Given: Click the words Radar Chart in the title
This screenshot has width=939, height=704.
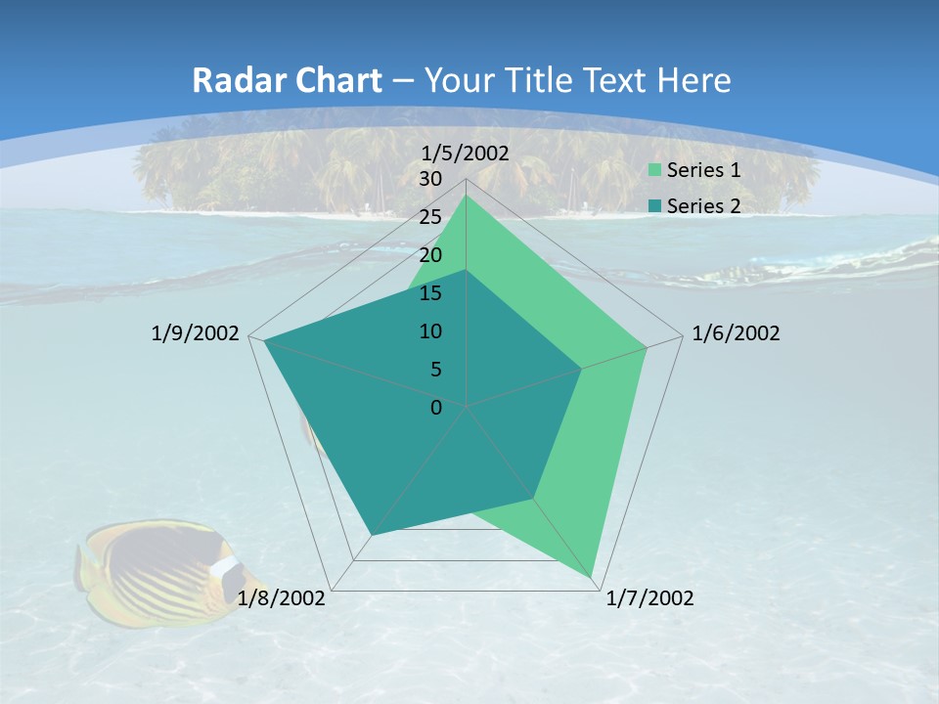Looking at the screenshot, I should (287, 80).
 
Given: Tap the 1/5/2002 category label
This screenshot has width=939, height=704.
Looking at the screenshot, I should (466, 153).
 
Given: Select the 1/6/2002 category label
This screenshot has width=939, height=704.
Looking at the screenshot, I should (736, 333).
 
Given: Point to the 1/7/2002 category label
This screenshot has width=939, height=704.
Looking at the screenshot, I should (649, 598).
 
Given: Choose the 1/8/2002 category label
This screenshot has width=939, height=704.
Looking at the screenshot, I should (282, 598).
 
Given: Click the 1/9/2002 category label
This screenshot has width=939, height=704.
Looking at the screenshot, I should (195, 333).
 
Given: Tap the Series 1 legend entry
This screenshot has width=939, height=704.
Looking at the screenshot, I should (702, 170).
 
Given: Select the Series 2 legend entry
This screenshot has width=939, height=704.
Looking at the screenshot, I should (702, 205).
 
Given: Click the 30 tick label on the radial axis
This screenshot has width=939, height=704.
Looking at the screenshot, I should (430, 179).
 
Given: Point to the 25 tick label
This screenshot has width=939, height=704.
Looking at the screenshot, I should (430, 217).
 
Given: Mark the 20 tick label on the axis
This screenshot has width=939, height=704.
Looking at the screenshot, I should (430, 255).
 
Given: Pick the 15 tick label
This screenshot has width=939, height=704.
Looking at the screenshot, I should (430, 293).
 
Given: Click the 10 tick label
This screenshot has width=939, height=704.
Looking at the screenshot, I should (430, 331).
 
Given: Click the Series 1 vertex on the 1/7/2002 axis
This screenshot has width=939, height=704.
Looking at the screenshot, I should (592, 577).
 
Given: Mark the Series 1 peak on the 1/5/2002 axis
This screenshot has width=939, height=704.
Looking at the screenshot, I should (467, 195).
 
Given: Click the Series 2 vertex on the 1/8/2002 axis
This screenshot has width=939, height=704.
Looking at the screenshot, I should (372, 534).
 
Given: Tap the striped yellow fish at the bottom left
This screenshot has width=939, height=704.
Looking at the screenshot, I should (156, 570).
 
